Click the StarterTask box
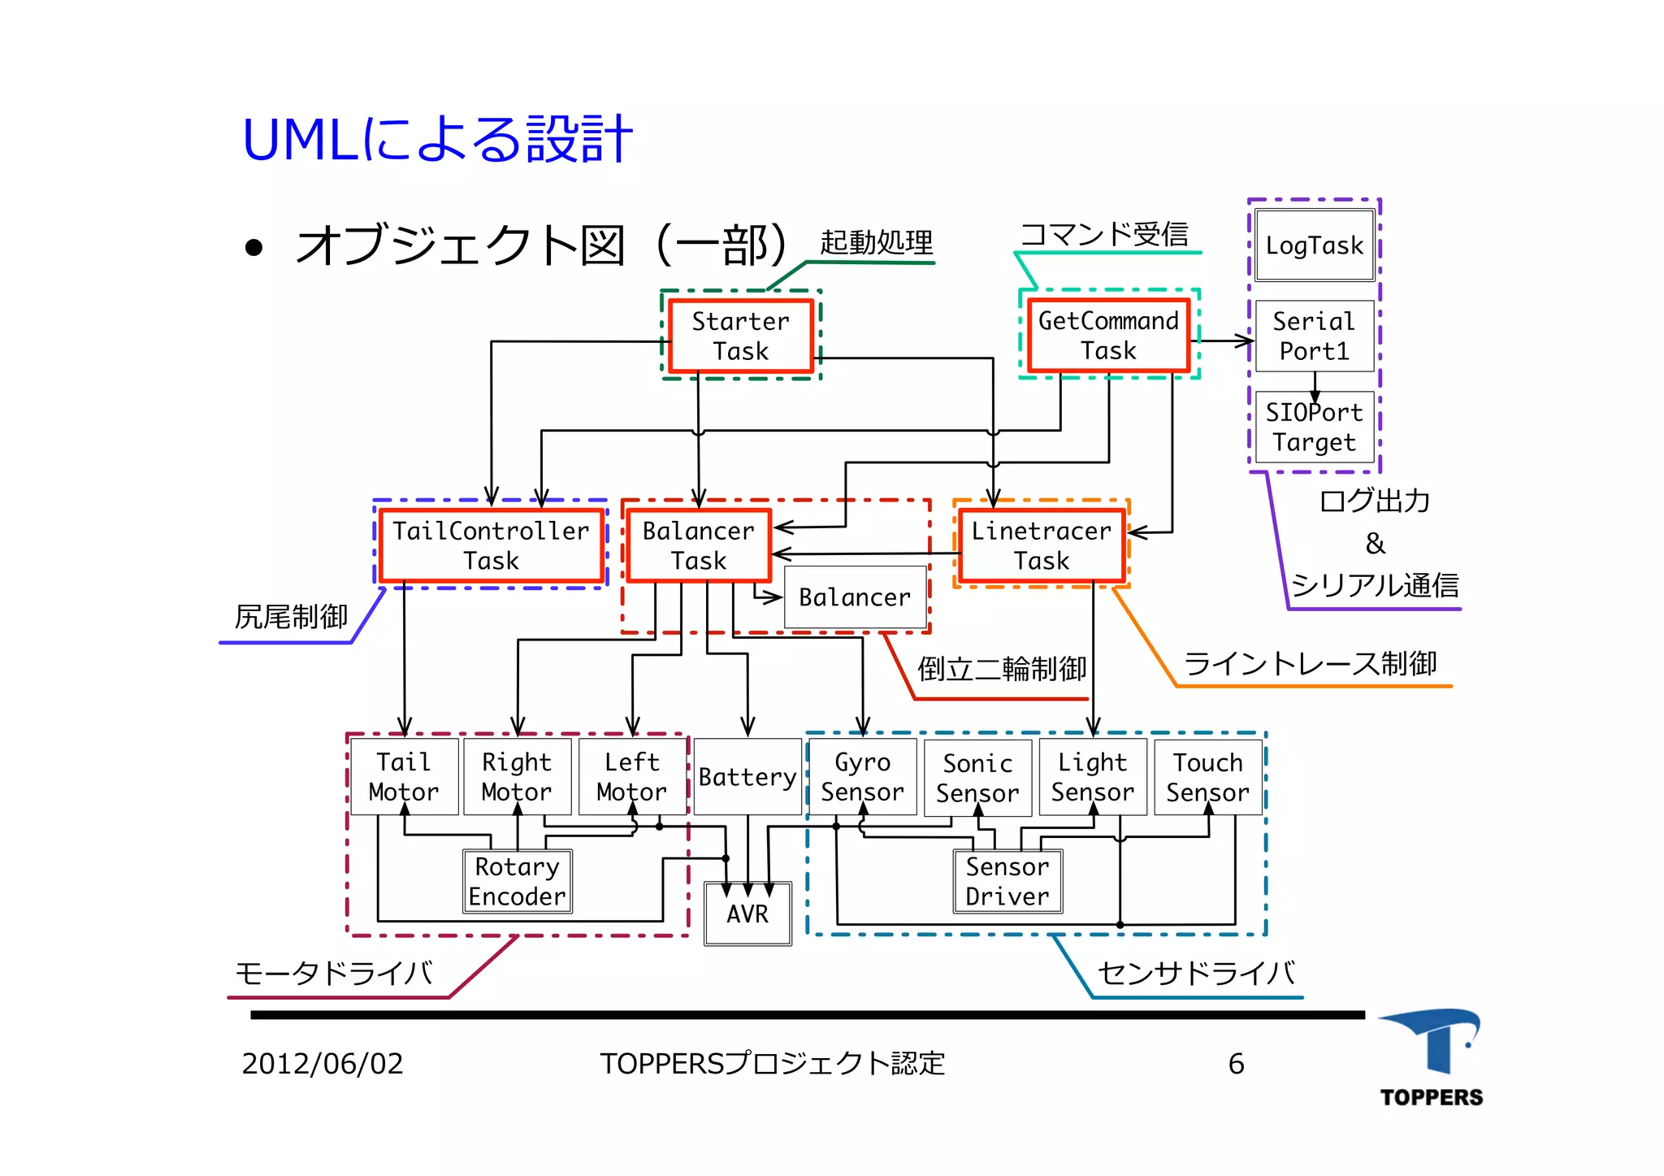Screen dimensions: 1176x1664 point(740,336)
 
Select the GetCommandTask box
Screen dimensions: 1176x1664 point(1108,336)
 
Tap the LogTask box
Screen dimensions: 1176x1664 point(1314,245)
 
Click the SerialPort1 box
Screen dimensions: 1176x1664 point(1314,336)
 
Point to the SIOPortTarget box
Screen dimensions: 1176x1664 point(1314,427)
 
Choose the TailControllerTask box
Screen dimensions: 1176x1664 point(491,545)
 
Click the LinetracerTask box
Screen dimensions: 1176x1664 point(1041,545)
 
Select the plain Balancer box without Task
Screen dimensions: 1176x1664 point(855,597)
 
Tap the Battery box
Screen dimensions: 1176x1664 point(747,777)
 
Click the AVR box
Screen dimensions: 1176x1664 point(747,914)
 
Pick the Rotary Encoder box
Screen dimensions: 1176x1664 point(517,882)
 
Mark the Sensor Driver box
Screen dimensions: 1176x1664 point(1007,882)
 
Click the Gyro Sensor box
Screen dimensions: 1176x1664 point(862,777)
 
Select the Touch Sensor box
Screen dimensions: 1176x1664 point(1207,777)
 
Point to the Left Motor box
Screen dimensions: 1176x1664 point(631,777)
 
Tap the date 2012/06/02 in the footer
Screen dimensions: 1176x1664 point(323,1064)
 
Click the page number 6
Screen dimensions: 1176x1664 point(1236,1064)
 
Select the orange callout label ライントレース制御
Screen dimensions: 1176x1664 point(1310,664)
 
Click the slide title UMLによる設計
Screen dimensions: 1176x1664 point(437,140)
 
